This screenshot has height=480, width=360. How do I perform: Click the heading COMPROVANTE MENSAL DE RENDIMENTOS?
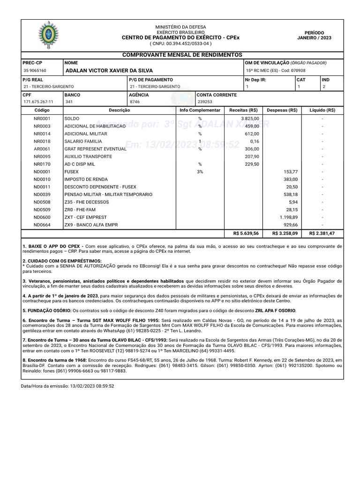[182, 55]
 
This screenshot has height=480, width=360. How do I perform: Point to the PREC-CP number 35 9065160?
[35, 70]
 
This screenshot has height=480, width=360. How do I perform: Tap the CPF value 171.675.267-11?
[38, 102]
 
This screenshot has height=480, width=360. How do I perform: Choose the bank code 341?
[69, 102]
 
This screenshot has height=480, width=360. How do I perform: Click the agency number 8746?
[135, 102]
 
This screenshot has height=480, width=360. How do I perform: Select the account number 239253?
[205, 102]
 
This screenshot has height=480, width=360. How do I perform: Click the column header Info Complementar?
[200, 110]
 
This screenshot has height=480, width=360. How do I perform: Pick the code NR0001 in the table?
[42, 119]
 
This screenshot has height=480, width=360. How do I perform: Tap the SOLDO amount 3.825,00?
[250, 119]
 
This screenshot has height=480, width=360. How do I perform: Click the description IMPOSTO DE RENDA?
[86, 179]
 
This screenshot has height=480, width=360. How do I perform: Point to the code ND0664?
[42, 225]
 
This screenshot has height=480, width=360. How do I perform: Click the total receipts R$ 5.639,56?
[246, 233]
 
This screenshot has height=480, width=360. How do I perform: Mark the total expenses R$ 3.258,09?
[285, 233]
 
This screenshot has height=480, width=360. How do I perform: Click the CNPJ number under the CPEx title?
[180, 44]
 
